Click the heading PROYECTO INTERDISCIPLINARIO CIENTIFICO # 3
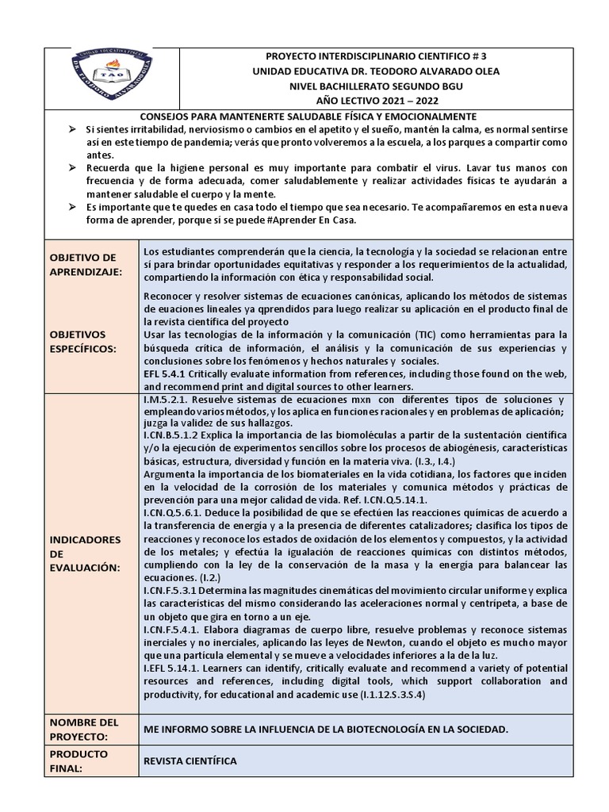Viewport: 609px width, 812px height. coord(375,56)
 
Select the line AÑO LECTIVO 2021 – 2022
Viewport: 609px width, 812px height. coord(375,101)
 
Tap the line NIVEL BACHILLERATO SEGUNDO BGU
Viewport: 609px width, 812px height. coord(375,86)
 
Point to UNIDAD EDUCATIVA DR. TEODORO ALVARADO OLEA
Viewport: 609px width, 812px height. coord(375,71)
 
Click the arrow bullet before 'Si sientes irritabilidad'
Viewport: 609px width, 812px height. coord(71,129)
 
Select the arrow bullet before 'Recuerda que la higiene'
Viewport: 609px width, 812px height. coord(71,168)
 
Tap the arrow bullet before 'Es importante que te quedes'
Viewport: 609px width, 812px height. coord(71,207)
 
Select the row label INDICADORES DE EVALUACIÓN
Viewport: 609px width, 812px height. coord(86,553)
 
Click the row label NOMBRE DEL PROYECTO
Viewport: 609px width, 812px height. coord(83,730)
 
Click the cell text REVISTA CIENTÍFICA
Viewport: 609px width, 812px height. coord(190,761)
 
